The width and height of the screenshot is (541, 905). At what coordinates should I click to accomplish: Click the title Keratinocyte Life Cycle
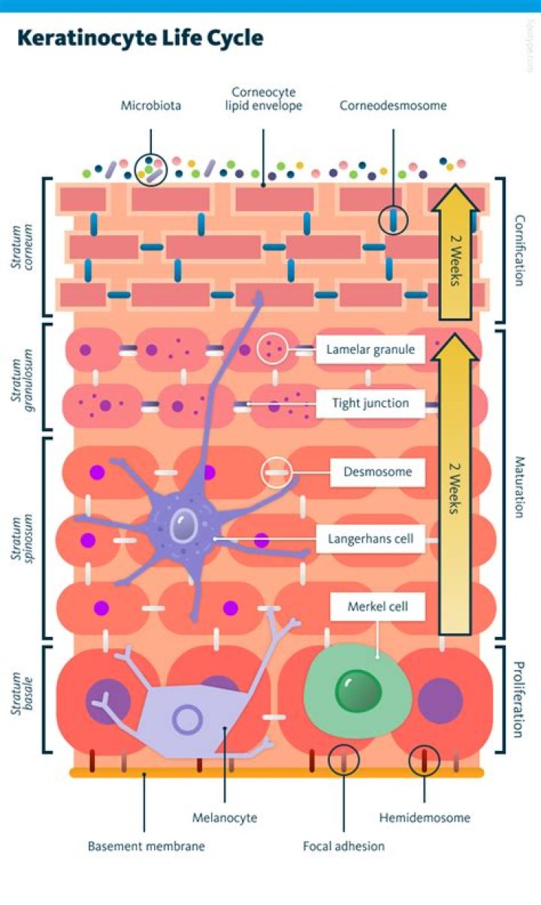[141, 38]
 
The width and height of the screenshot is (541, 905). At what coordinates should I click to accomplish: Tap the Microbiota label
[150, 106]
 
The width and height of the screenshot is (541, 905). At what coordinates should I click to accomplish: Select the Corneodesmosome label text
[393, 106]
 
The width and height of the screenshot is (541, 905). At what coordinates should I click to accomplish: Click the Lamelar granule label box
[370, 349]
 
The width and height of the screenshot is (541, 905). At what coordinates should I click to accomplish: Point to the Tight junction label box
[370, 403]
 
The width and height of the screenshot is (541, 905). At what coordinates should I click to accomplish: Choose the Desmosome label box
[378, 472]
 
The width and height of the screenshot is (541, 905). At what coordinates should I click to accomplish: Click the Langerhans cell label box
[370, 538]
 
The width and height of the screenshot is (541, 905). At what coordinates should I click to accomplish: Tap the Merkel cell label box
[377, 606]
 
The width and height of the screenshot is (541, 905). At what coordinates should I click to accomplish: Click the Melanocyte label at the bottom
[225, 818]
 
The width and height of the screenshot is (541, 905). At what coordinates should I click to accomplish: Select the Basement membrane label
[146, 846]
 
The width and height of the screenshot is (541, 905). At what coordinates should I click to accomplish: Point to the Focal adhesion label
[343, 846]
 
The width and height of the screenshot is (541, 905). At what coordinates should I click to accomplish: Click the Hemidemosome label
[425, 818]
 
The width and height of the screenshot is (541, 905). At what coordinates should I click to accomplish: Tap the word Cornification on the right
[519, 251]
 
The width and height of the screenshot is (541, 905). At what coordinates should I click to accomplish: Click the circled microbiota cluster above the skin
[150, 170]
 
